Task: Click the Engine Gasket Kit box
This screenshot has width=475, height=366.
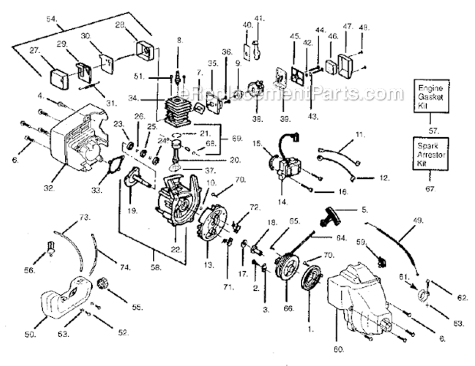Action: (431, 96)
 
